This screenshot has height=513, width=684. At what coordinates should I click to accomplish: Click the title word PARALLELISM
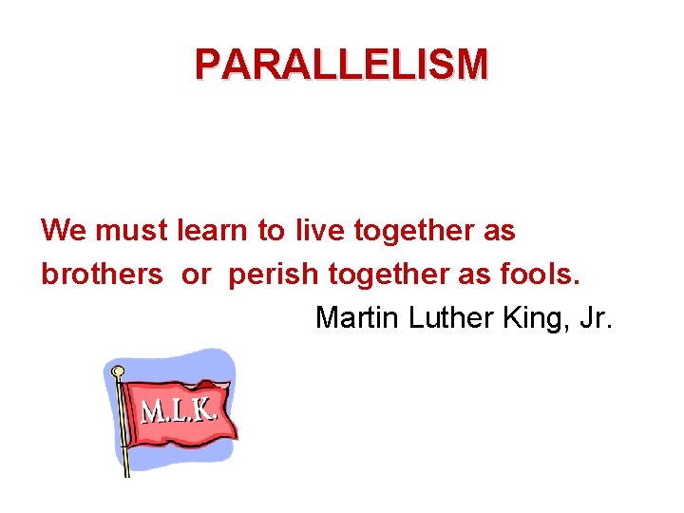[341, 64]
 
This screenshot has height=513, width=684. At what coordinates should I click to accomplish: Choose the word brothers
[102, 274]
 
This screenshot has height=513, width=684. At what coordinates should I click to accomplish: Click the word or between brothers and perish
[196, 275]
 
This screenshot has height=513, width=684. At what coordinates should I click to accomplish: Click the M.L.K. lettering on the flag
[180, 411]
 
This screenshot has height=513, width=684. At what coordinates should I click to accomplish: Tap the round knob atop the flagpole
[118, 371]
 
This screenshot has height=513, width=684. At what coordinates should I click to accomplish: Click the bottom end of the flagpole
[127, 472]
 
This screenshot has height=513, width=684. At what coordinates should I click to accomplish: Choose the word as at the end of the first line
[499, 231]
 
